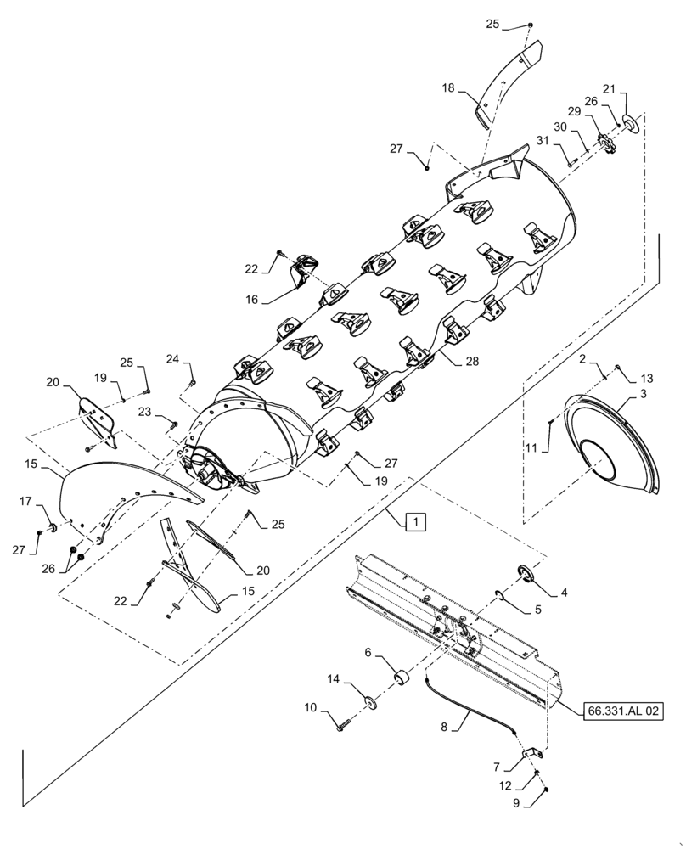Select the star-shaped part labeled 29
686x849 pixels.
[604, 142]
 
